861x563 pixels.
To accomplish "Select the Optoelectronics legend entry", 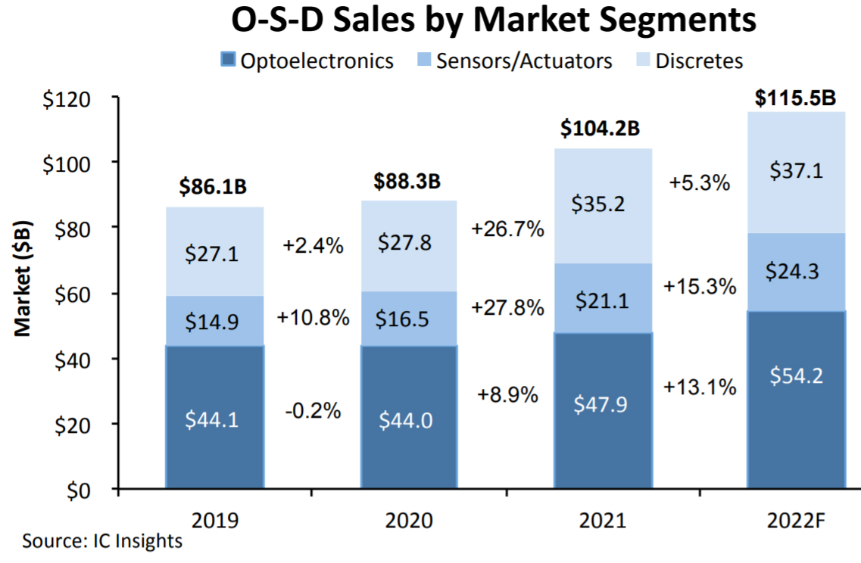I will pyautogui.click(x=307, y=61).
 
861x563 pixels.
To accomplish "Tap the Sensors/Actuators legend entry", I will pyautogui.click(x=514, y=61).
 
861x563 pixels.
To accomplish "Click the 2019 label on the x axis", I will pyautogui.click(x=215, y=521).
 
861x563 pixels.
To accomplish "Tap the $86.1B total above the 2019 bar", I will pyautogui.click(x=214, y=187).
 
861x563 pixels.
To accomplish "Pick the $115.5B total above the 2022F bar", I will pyautogui.click(x=796, y=98).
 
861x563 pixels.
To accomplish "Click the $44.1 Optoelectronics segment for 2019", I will pyautogui.click(x=214, y=418).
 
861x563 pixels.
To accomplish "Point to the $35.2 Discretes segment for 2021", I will pyautogui.click(x=603, y=204).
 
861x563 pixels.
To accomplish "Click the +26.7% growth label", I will pyautogui.click(x=507, y=229).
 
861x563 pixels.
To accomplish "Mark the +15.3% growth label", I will pyautogui.click(x=700, y=287).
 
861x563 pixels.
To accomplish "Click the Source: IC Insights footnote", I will pyautogui.click(x=102, y=542).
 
